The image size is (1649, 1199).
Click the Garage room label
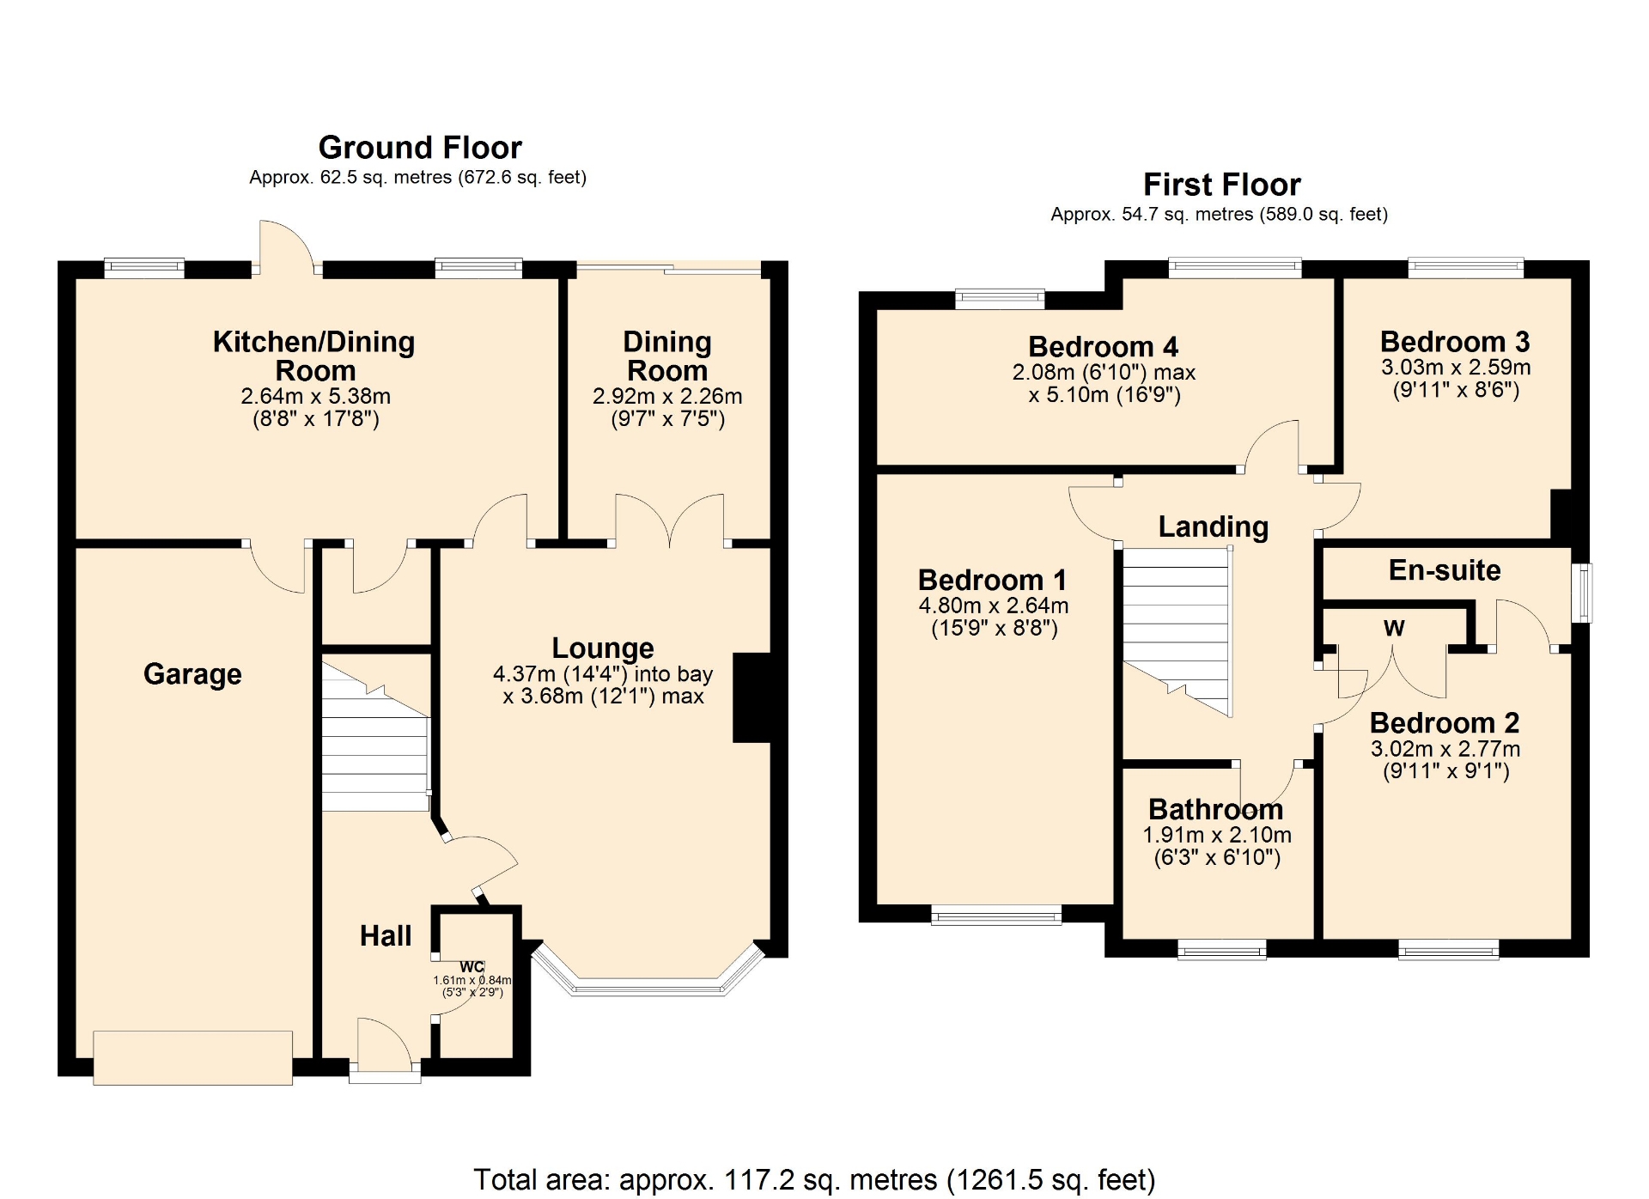[192, 674]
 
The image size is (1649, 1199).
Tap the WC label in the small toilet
[472, 967]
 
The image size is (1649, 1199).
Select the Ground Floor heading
[420, 148]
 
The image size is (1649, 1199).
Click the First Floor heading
[1221, 185]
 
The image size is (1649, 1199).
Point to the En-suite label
[1445, 570]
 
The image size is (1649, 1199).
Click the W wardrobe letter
[1394, 628]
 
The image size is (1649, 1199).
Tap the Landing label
[1213, 526]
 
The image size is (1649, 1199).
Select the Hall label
[386, 935]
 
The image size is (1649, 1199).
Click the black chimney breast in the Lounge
[751, 697]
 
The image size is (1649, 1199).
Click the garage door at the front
[192, 1057]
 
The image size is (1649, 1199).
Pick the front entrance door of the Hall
[385, 1048]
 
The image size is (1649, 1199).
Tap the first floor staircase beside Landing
[1177, 631]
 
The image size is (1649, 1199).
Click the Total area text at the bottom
[814, 1180]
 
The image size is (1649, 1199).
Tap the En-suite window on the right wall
[1581, 593]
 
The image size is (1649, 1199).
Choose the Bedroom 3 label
[1455, 342]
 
